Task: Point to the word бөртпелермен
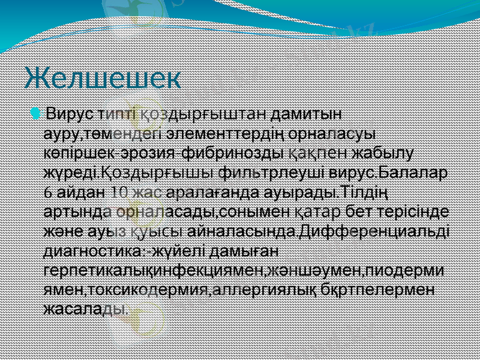(373, 290)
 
